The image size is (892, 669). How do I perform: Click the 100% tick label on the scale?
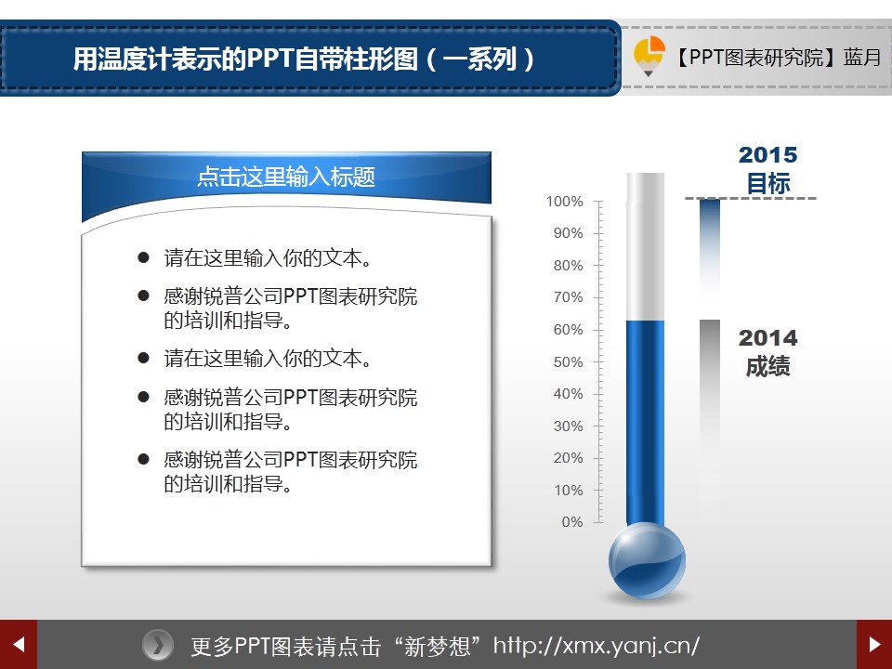point(564,202)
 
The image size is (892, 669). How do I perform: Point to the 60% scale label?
point(568,330)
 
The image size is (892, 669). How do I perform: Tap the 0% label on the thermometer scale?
point(571,522)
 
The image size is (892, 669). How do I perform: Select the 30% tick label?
point(568,426)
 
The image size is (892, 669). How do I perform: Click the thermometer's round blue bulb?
point(647,561)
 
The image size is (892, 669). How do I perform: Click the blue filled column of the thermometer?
point(645,422)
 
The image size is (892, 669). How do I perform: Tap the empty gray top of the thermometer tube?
point(645,246)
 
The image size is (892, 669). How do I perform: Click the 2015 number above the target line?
point(768,155)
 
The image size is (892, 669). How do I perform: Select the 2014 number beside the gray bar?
point(768,338)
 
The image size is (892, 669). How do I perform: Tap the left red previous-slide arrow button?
point(19,645)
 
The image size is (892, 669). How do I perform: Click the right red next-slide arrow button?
point(874,645)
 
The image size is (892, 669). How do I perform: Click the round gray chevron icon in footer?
point(158,646)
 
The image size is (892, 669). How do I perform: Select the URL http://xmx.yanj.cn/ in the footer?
point(596,646)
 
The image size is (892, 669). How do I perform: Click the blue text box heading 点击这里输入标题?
point(286,177)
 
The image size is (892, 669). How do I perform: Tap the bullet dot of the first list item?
point(143,257)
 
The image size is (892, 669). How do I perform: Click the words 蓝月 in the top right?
point(862,58)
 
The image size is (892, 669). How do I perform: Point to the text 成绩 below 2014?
point(768,366)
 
